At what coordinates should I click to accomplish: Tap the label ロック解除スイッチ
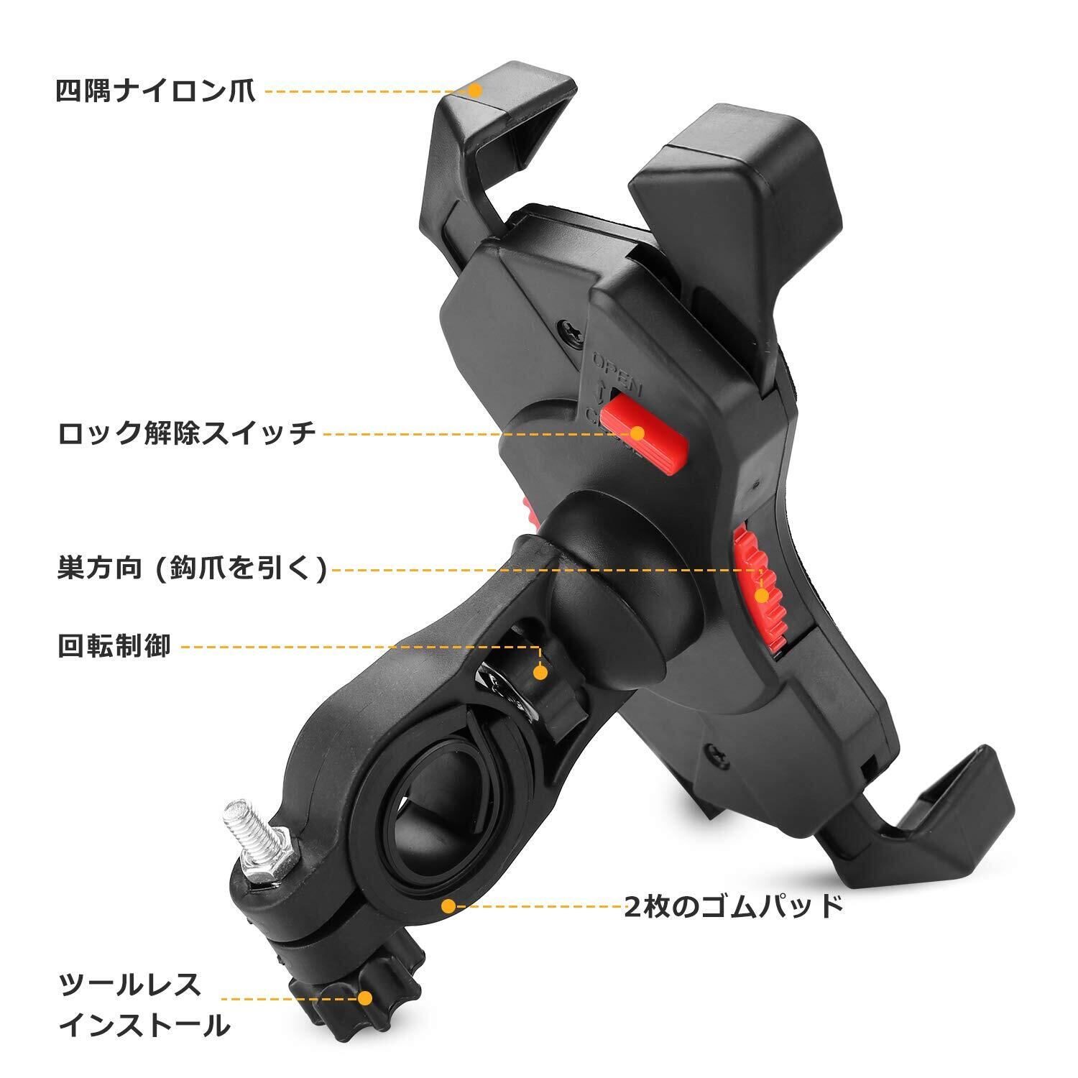click(187, 433)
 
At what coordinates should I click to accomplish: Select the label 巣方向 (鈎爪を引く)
click(193, 569)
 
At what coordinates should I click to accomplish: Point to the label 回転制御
click(114, 646)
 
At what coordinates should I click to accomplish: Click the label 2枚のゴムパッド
click(733, 906)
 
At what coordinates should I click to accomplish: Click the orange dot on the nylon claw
click(474, 91)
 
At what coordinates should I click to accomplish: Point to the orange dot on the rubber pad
click(448, 906)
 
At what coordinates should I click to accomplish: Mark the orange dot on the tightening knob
click(366, 998)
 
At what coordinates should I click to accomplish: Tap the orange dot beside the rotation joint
click(540, 673)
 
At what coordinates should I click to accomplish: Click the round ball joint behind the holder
click(618, 596)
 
